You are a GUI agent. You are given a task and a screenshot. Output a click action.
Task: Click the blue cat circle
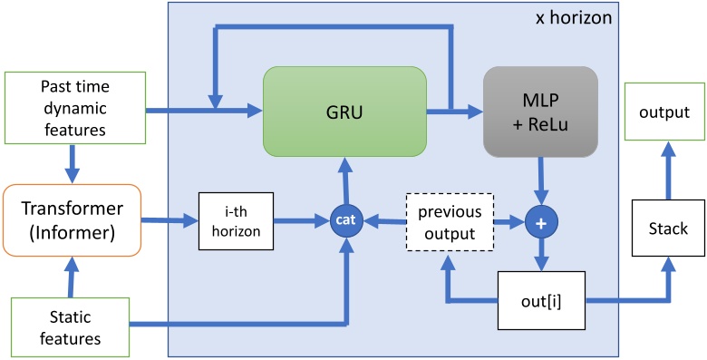(x=344, y=219)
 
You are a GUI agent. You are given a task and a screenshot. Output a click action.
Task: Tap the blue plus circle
(x=541, y=219)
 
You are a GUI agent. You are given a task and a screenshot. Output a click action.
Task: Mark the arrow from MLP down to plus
(x=541, y=180)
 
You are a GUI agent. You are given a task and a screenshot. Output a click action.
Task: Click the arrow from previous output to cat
(x=381, y=219)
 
